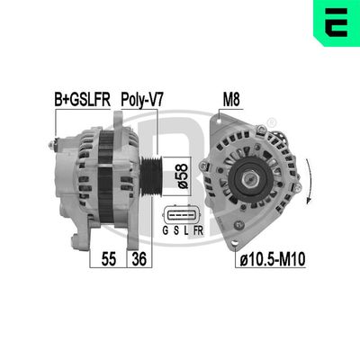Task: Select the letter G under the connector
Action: tap(164, 239)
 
